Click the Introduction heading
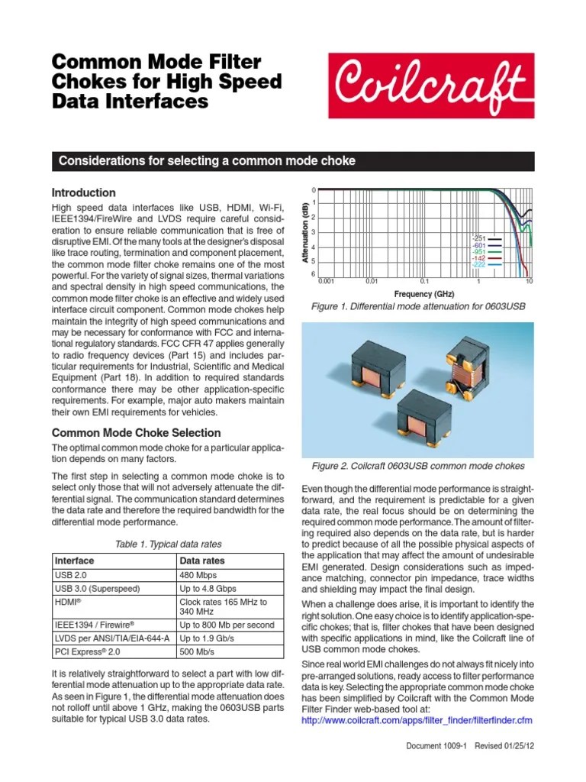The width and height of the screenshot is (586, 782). tap(83, 193)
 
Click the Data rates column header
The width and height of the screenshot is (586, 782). tap(201, 560)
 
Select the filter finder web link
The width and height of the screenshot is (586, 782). tap(417, 720)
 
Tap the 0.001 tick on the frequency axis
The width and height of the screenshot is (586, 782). tap(326, 282)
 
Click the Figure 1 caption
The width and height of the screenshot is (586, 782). tap(418, 306)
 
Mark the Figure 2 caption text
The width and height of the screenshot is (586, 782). tap(418, 466)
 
